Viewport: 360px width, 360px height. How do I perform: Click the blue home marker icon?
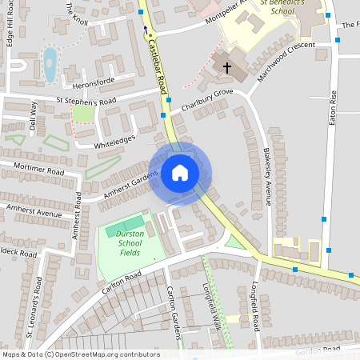180,172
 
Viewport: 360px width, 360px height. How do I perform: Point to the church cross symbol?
226,68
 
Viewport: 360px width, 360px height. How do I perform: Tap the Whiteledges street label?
117,140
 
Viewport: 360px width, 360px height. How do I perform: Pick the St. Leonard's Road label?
38,304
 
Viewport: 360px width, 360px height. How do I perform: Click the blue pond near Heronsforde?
50,63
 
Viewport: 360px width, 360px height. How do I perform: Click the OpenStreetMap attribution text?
81,354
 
